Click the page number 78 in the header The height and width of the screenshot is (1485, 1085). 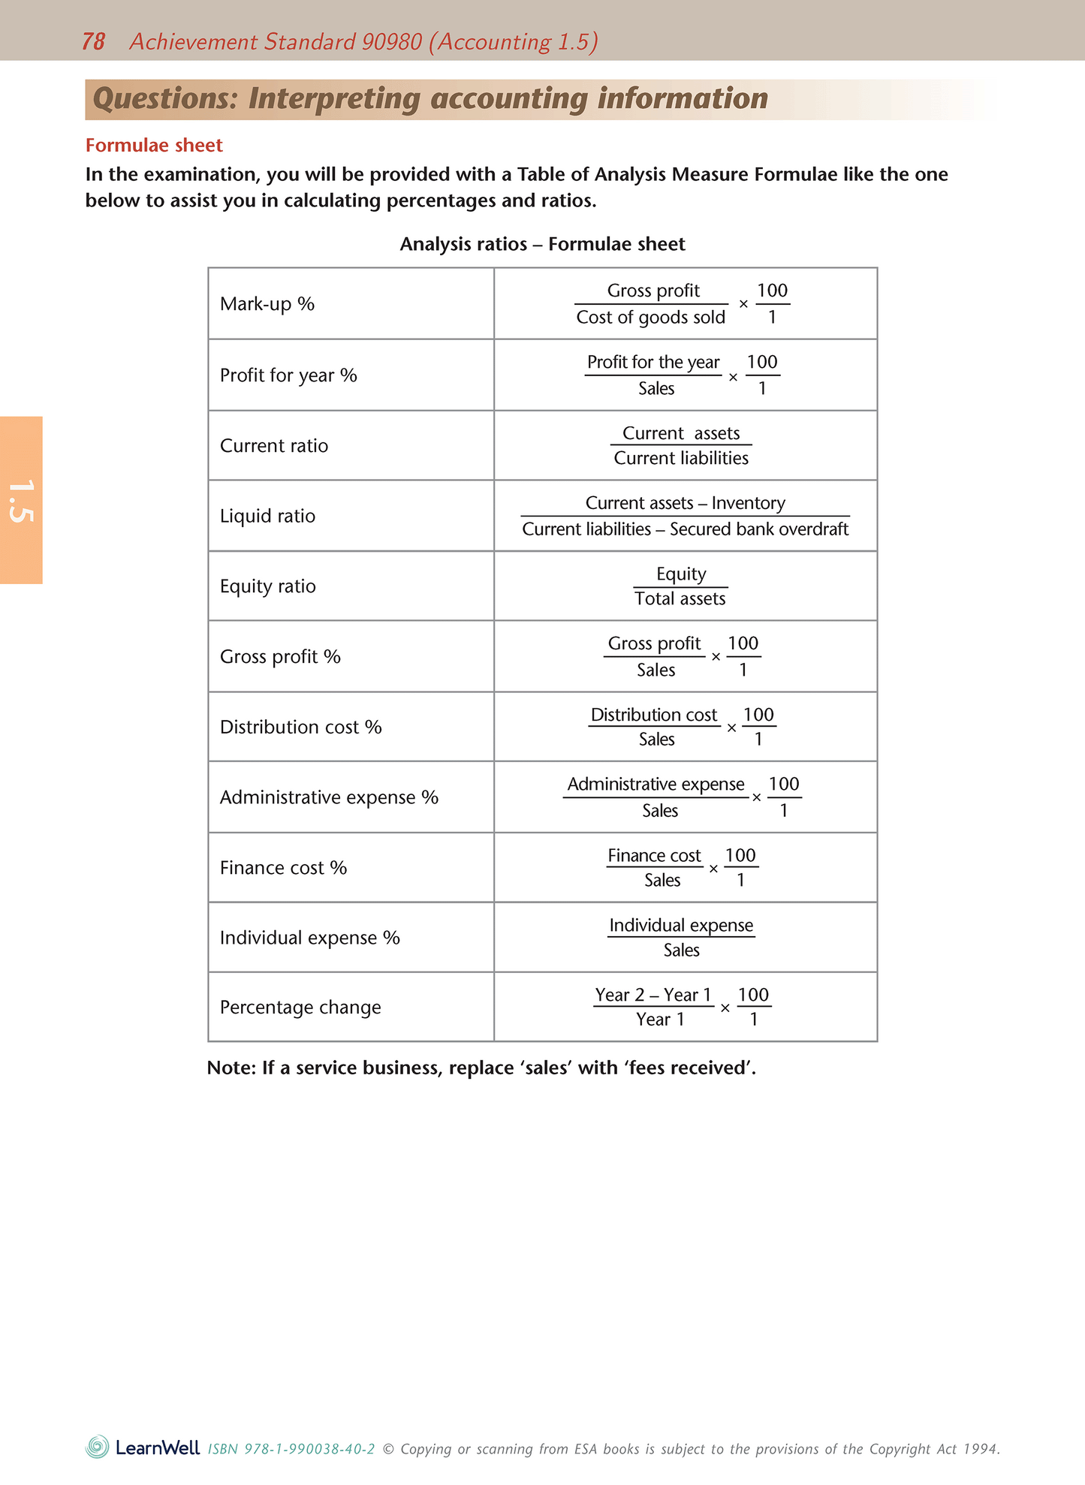[93, 41]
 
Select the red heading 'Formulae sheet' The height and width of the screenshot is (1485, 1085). [154, 145]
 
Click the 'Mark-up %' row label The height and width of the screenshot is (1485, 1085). [267, 304]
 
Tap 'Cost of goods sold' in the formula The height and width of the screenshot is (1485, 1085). [650, 318]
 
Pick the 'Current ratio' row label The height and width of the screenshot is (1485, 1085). [273, 446]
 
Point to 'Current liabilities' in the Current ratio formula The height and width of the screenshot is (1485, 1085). [681, 459]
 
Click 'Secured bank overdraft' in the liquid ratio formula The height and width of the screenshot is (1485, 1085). [758, 529]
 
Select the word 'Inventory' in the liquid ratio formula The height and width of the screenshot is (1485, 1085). [748, 503]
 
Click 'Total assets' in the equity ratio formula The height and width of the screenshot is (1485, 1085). [680, 599]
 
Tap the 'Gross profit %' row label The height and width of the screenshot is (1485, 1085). [279, 657]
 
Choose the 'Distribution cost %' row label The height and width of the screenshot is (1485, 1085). [300, 727]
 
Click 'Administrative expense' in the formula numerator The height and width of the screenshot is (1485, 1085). [655, 785]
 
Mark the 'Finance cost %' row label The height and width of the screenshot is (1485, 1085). [282, 868]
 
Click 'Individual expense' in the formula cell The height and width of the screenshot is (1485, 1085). [681, 926]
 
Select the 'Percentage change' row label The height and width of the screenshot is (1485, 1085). [300, 1008]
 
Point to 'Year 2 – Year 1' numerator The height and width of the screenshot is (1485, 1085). [653, 995]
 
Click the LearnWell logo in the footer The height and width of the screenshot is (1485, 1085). [143, 1447]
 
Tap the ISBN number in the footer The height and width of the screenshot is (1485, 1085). [291, 1449]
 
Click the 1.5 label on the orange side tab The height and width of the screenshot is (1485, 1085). [20, 501]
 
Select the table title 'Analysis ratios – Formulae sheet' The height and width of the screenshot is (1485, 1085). [542, 244]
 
